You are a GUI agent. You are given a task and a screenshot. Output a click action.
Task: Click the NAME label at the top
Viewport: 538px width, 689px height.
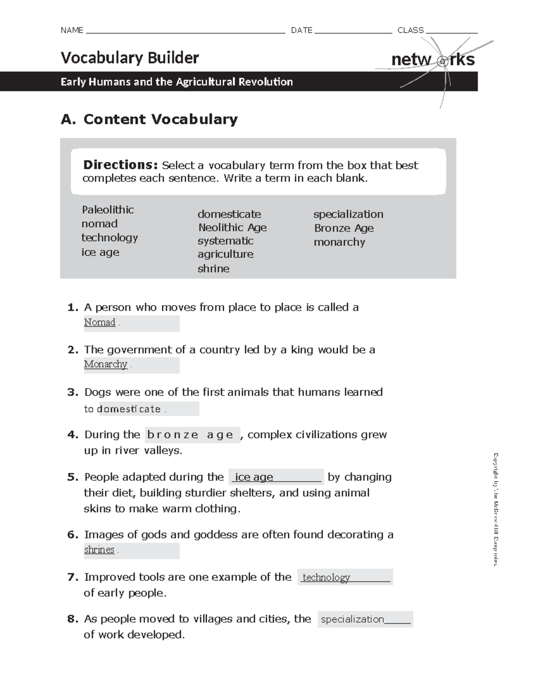72,30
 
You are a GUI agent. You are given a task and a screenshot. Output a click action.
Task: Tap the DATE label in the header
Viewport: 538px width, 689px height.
301,30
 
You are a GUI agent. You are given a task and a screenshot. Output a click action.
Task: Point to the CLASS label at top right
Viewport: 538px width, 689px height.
410,30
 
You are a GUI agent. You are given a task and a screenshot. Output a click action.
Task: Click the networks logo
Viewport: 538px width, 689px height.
433,60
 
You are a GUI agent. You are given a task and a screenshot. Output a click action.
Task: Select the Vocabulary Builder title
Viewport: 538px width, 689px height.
130,58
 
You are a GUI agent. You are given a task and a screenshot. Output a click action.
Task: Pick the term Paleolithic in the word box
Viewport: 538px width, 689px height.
108,209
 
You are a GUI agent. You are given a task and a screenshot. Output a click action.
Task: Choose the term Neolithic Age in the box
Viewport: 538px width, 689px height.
232,227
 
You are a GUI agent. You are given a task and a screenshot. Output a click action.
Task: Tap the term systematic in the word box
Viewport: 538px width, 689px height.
226,241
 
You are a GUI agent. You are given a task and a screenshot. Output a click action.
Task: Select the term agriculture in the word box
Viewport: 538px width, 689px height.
226,254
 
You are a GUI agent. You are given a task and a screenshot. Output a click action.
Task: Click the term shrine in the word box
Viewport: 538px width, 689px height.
213,269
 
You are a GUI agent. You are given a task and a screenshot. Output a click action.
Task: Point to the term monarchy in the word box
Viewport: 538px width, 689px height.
339,242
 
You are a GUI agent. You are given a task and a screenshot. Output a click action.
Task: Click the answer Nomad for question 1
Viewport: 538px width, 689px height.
100,322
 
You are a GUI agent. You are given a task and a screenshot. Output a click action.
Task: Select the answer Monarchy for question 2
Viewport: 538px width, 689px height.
105,364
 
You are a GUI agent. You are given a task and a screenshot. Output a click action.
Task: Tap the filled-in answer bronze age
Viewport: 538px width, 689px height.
191,435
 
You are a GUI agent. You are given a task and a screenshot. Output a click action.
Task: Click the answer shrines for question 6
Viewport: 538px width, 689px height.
99,549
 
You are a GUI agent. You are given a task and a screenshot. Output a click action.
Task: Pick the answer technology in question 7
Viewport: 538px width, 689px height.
326,577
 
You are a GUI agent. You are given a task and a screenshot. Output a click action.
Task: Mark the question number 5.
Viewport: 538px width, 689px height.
73,477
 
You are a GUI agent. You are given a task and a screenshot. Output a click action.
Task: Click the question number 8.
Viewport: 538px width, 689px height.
73,619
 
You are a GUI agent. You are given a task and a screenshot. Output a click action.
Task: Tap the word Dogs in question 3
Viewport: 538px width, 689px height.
97,392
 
